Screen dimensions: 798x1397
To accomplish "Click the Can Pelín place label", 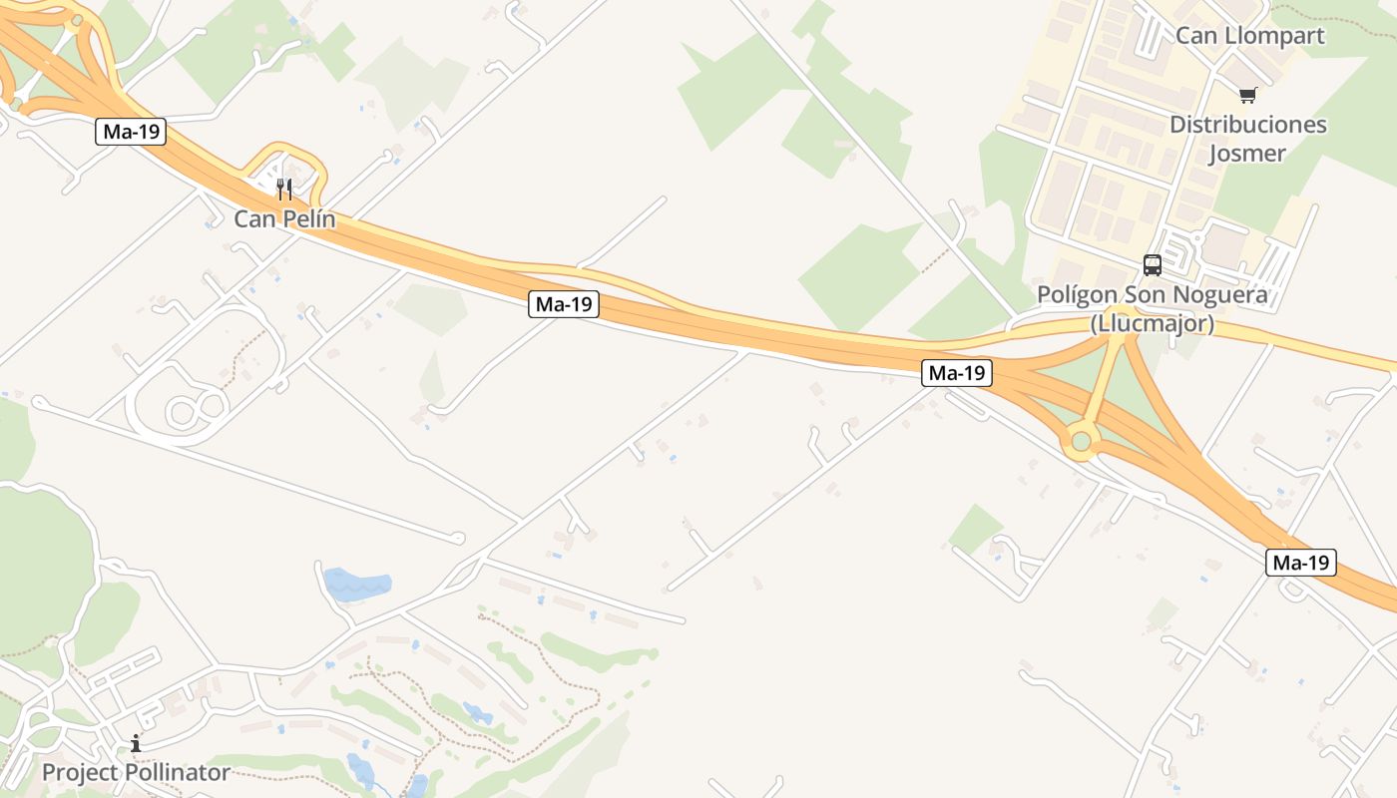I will [x=284, y=218].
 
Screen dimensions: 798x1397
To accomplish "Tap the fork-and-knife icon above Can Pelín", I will [x=284, y=190].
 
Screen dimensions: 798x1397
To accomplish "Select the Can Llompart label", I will [x=1249, y=36].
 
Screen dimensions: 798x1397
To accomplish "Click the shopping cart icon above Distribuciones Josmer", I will [x=1247, y=96].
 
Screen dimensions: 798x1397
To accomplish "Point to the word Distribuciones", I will [x=1247, y=125].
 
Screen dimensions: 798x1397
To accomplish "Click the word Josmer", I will [x=1247, y=154].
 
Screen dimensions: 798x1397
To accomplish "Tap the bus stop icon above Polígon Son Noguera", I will [x=1153, y=265].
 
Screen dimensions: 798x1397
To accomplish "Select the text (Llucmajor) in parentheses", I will [x=1152, y=323].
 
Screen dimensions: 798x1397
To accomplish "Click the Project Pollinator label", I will [x=136, y=772].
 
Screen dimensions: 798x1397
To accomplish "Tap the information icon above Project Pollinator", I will [x=136, y=743].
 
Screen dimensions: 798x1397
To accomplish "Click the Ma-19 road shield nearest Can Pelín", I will [x=131, y=132].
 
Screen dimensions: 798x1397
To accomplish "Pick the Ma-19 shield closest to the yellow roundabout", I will [x=957, y=373].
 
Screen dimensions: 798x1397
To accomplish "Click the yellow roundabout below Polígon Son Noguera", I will [x=1080, y=441].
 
